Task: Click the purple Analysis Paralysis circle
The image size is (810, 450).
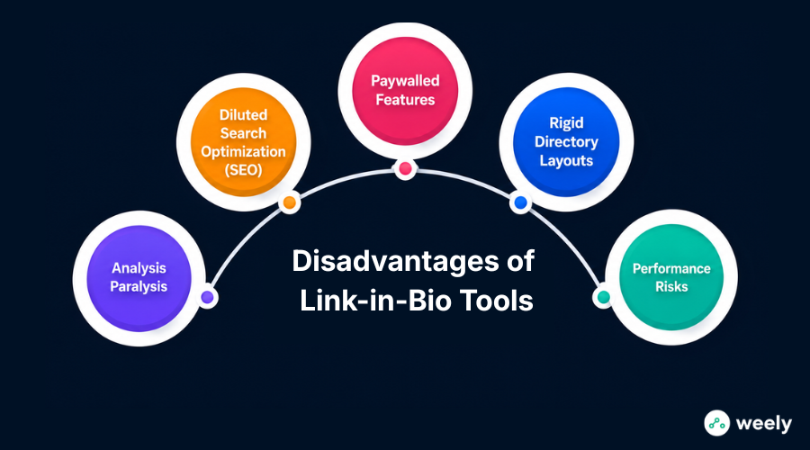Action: tap(139, 278)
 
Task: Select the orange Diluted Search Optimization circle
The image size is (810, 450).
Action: tap(243, 141)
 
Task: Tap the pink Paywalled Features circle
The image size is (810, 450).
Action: tap(405, 90)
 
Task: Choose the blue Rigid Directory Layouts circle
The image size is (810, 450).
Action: tap(566, 141)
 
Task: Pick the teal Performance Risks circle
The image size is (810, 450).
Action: tap(671, 277)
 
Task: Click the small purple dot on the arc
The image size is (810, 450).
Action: tap(207, 297)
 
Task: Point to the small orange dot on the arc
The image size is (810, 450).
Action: tap(289, 202)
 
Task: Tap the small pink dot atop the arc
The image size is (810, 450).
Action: tap(405, 168)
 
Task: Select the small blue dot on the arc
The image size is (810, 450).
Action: tap(521, 202)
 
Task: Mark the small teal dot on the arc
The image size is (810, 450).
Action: tap(603, 297)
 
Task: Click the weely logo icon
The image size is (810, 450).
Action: tap(717, 423)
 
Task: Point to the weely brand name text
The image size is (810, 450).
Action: tap(763, 424)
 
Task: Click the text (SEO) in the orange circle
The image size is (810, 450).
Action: tap(243, 170)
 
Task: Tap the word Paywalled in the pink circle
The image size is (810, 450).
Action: tap(405, 81)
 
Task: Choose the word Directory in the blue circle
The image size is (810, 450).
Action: tap(566, 141)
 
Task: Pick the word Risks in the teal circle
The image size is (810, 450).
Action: tap(671, 287)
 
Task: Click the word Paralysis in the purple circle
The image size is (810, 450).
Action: tap(139, 287)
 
